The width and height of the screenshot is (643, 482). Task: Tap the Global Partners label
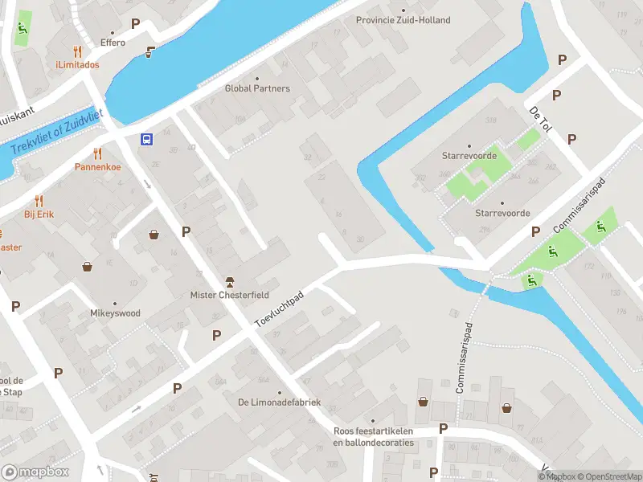(x=257, y=88)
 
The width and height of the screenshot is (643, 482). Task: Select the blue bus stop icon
(x=147, y=139)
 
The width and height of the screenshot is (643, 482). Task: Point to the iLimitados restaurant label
(x=77, y=64)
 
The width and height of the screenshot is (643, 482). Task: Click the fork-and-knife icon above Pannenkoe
(x=98, y=153)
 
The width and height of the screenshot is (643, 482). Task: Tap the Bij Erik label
(x=39, y=214)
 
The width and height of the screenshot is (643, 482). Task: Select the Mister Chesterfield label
(x=230, y=295)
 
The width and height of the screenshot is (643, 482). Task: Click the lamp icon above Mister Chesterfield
(x=230, y=281)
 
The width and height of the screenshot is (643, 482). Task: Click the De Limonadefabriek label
(x=279, y=402)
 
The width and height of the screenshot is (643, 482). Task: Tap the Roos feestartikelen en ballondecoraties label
(x=373, y=436)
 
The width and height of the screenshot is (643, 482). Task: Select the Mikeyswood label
(x=115, y=313)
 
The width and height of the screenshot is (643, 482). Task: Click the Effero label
(x=113, y=43)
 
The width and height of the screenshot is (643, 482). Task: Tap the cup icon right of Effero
(x=149, y=52)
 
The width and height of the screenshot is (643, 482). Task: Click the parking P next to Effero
(x=135, y=24)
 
